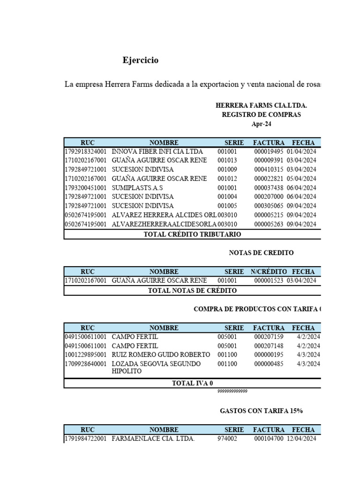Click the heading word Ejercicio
click(141, 60)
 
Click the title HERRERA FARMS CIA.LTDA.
click(261, 105)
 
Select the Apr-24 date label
click(261, 124)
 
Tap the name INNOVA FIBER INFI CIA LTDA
click(157, 151)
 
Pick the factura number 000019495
click(269, 151)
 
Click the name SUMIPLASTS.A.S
click(137, 187)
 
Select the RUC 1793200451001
click(85, 187)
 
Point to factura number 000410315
click(269, 169)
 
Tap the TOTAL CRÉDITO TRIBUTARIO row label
click(192, 234)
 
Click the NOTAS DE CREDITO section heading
click(261, 253)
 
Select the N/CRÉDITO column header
click(268, 271)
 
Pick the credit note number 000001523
click(269, 280)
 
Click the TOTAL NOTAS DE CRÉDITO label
click(192, 291)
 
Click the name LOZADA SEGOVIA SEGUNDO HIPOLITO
click(156, 367)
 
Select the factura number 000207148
click(269, 345)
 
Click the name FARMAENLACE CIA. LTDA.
click(153, 439)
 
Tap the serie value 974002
click(227, 439)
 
